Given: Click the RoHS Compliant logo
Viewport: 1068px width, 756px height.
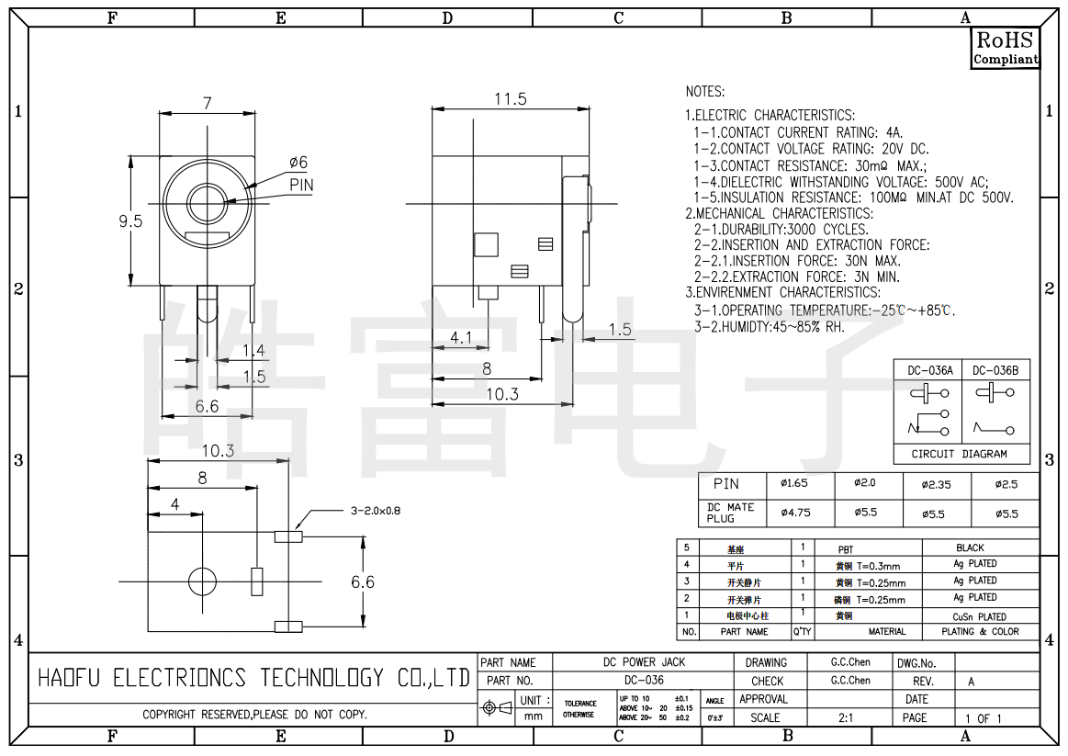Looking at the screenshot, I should coord(1006,48).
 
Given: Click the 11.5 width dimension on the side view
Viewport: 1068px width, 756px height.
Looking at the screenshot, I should coord(511,99).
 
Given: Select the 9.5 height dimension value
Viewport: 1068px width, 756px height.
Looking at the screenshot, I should coord(131,220).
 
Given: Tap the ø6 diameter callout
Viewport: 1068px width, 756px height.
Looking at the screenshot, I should coord(298,163).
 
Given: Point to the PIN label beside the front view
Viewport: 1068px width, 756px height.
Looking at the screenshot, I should coord(301,185).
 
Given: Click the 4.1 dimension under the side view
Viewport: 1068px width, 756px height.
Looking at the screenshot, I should coord(461,337).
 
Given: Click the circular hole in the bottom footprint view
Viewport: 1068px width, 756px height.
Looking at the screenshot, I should coord(202,581).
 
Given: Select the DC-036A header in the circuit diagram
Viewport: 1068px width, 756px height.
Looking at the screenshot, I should coord(930,370).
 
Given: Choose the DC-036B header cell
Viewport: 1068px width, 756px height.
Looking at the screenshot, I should coord(995,370).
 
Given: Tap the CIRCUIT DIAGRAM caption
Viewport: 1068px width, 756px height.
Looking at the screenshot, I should coord(959,454).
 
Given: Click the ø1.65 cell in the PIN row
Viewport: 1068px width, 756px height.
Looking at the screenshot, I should coord(793,483).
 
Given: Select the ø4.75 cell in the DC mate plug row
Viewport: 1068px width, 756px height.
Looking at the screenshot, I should coord(794,513).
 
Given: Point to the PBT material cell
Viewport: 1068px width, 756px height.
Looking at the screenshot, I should coord(845,548).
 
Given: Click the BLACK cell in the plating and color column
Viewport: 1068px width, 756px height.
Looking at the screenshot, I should coord(970,547).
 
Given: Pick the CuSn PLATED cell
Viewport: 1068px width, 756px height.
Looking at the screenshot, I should coord(979,616).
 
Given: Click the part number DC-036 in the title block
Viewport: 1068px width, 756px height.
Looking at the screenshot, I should coord(644,681).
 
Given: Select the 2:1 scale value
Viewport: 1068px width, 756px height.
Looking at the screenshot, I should coord(845,717).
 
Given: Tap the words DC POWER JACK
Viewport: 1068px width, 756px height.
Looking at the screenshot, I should coord(644,662).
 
